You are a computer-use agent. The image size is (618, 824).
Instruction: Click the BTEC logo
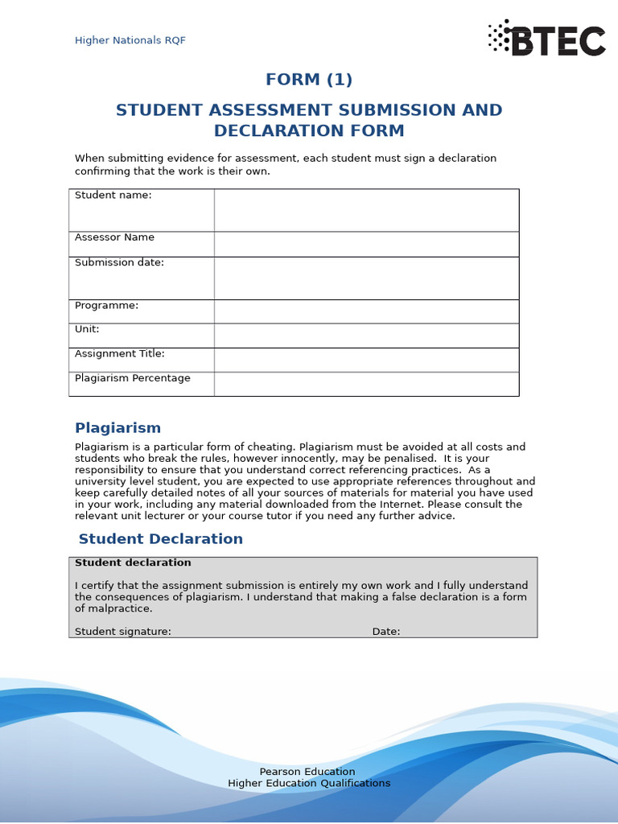click(x=546, y=39)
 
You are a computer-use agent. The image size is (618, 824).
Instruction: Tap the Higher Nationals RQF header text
click(x=130, y=40)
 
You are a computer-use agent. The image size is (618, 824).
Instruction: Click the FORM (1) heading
click(x=309, y=80)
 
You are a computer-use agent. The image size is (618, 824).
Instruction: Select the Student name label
click(x=113, y=195)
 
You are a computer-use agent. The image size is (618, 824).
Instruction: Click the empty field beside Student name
click(x=366, y=210)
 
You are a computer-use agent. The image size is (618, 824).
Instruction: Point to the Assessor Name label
click(x=114, y=237)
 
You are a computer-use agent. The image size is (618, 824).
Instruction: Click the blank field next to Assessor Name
click(x=366, y=244)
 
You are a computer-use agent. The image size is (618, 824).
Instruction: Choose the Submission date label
click(x=119, y=262)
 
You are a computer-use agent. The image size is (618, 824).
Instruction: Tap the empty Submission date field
click(x=366, y=278)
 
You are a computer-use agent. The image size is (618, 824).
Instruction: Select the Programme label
click(x=106, y=305)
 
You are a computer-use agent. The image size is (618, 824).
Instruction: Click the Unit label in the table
click(x=87, y=329)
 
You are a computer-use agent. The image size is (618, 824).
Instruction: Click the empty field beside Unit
click(x=366, y=336)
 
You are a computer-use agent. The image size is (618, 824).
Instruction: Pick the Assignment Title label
click(x=119, y=353)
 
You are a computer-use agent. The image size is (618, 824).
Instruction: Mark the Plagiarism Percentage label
click(x=133, y=378)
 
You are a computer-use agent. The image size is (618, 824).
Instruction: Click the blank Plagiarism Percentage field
click(x=366, y=384)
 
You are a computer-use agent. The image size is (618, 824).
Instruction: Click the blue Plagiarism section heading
click(x=117, y=428)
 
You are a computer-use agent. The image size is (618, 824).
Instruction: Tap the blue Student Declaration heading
click(x=160, y=539)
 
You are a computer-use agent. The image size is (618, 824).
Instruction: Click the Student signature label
click(x=123, y=632)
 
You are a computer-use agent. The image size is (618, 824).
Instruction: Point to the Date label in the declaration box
click(x=386, y=632)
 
